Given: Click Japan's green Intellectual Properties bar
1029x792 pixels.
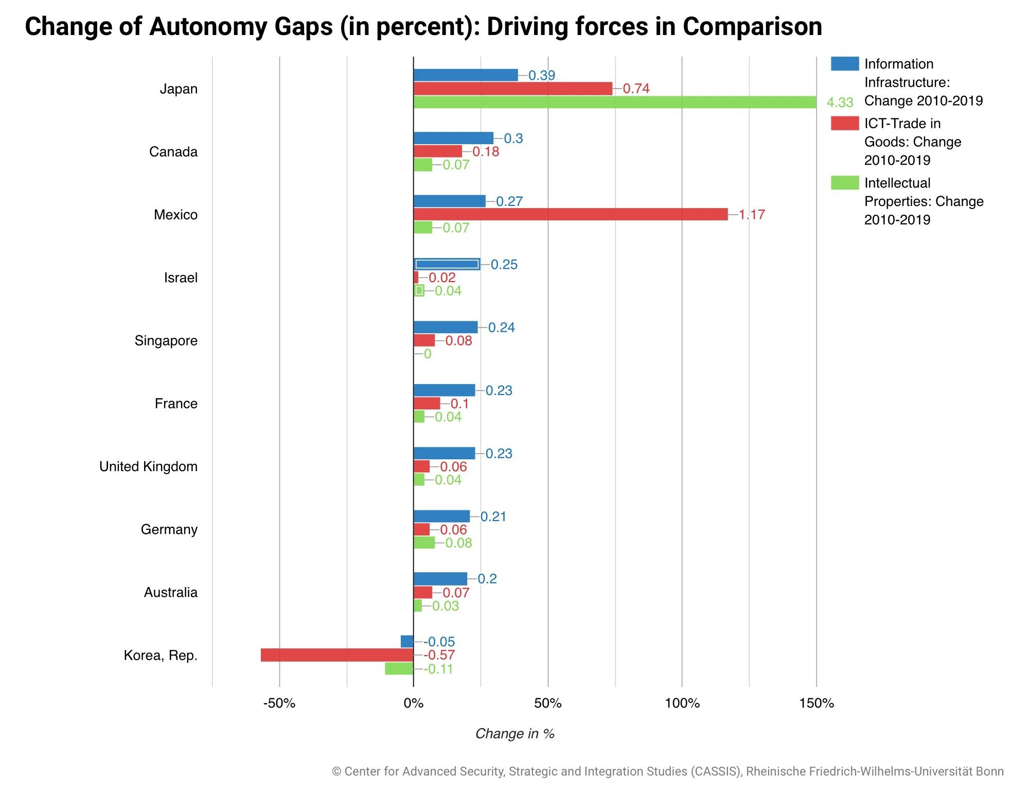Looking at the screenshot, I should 615,102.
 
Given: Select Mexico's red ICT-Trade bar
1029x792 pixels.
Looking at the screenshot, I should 571,214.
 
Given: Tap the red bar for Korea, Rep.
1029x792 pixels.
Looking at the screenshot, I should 337,655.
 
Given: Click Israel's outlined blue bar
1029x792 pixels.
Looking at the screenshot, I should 447,264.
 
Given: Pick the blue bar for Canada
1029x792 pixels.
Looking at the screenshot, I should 453,138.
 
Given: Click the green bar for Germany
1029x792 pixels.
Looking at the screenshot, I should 424,543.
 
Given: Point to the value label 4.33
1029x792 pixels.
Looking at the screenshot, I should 840,102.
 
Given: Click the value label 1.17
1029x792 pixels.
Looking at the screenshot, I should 752,214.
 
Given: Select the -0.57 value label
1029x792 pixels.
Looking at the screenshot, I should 439,655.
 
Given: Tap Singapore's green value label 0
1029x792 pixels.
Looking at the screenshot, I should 427,354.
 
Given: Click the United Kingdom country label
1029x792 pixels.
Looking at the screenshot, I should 148,467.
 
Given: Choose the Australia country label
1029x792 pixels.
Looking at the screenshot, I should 170,593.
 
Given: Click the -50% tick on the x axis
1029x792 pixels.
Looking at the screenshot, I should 279,703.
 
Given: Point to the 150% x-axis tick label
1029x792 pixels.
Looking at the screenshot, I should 816,703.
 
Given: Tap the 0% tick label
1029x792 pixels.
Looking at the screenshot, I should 413,703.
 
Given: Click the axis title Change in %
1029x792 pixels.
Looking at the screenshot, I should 514,734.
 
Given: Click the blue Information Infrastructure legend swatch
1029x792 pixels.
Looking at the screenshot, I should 845,64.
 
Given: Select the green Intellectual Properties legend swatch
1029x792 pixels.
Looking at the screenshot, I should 845,183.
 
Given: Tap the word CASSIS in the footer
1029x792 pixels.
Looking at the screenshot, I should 715,771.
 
